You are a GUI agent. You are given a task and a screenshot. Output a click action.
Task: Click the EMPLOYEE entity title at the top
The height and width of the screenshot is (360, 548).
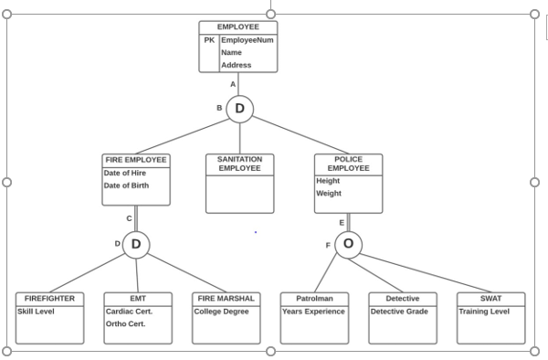point(238,26)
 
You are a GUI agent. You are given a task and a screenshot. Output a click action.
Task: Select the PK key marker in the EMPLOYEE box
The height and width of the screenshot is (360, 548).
point(209,40)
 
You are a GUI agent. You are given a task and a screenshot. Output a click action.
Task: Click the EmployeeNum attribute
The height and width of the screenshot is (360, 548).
point(247,40)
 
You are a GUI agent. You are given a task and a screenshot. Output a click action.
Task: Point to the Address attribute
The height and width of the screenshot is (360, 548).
point(236,65)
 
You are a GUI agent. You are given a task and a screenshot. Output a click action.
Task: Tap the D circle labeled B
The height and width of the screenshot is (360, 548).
point(239,109)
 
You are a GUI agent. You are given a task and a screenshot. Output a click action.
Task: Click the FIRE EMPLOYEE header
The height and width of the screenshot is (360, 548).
point(136,160)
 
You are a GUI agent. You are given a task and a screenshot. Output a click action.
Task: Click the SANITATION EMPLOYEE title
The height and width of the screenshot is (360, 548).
point(239,164)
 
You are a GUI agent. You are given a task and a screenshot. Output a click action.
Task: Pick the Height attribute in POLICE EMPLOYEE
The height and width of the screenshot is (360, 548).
point(328,181)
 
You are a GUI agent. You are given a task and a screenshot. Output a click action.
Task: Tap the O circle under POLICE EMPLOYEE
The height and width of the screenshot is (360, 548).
point(348,244)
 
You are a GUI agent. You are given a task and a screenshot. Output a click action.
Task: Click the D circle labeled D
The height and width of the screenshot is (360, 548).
point(136,244)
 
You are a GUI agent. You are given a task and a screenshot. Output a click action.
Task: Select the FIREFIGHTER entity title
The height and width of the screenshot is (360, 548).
point(49,298)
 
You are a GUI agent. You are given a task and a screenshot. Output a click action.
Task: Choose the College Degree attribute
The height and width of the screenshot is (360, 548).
point(221,312)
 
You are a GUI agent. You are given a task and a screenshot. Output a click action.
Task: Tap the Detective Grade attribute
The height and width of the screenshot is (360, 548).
point(399,312)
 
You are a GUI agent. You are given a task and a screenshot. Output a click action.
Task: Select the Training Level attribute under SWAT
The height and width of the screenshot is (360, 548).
point(485,312)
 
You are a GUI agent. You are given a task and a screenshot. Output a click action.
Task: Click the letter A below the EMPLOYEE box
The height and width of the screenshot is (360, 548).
point(233,84)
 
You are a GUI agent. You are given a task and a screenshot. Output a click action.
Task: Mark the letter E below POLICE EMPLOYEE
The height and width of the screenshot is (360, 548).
point(342,222)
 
